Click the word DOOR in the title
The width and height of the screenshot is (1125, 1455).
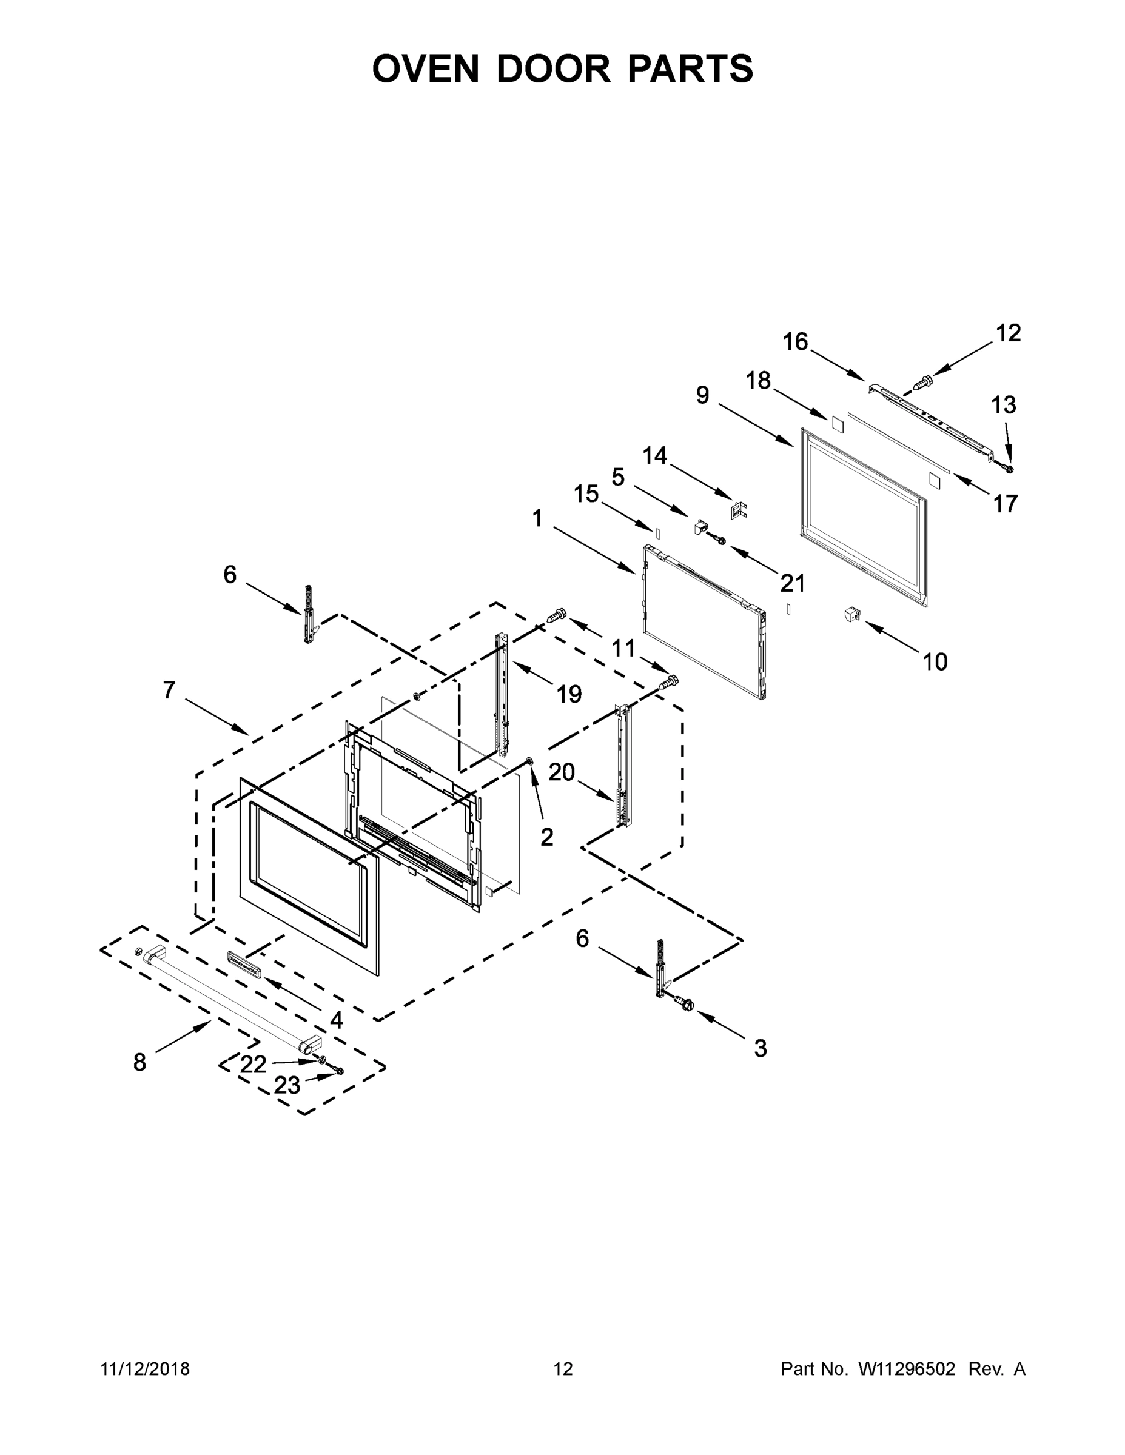tap(552, 69)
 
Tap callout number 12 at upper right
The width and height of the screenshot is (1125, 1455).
tap(1009, 333)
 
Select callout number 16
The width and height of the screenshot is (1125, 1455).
tap(795, 342)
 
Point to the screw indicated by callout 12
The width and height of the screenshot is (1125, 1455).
tap(923, 383)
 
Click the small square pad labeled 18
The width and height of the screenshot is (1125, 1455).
tap(836, 425)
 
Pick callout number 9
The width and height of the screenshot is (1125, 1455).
tap(702, 395)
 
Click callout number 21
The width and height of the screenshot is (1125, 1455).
tap(793, 583)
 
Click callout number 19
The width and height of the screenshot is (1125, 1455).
tap(568, 694)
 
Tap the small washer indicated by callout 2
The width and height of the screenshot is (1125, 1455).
tap(530, 761)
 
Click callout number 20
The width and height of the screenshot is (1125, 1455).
tap(561, 772)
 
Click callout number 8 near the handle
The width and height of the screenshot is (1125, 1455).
tap(139, 1062)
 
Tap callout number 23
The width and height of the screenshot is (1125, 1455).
tap(287, 1085)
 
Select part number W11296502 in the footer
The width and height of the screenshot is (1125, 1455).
tap(907, 1369)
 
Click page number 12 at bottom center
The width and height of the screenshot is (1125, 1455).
tap(563, 1369)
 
